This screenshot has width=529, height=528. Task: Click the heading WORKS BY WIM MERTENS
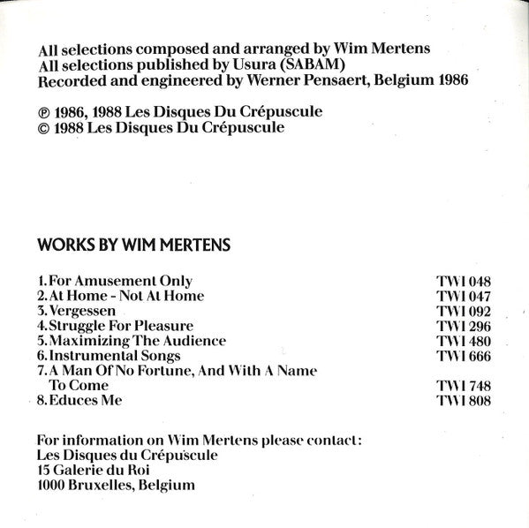tap(132, 243)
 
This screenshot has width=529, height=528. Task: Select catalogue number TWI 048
tap(464, 282)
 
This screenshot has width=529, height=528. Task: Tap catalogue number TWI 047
tap(464, 297)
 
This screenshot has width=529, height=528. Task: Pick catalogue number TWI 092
tap(464, 312)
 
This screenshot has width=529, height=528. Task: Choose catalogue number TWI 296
tap(464, 327)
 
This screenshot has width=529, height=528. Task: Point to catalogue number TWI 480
tap(464, 342)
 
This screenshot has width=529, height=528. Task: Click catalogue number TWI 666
tap(464, 357)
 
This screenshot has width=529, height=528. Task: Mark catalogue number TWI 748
tap(464, 387)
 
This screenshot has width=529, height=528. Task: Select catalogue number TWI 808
tap(464, 402)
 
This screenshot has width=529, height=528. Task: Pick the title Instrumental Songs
tap(114, 356)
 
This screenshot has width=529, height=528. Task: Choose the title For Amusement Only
tap(120, 281)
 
